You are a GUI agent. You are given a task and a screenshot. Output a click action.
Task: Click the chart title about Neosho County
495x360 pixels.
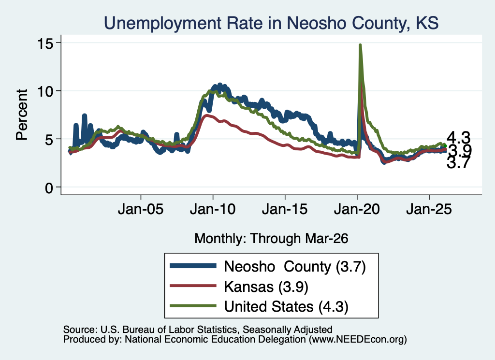pyautogui.click(x=271, y=23)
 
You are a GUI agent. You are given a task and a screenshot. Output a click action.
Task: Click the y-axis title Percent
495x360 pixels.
pyautogui.click(x=22, y=115)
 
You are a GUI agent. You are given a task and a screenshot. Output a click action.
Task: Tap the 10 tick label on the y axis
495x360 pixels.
pyautogui.click(x=45, y=91)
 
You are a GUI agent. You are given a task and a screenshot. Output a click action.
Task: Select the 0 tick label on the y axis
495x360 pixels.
pyautogui.click(x=49, y=188)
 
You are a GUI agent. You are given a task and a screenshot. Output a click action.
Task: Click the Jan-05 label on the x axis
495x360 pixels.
pyautogui.click(x=141, y=209)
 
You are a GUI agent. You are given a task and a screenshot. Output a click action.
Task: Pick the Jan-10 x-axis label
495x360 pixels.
pyautogui.click(x=213, y=209)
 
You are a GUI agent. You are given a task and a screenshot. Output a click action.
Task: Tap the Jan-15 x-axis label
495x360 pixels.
pyautogui.click(x=285, y=209)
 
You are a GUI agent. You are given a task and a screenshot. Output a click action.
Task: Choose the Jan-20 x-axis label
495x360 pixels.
pyautogui.click(x=357, y=209)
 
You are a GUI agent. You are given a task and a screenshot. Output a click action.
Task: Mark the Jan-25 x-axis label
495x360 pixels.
pyautogui.click(x=429, y=209)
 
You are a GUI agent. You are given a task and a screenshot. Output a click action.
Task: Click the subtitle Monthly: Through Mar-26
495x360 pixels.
pyautogui.click(x=271, y=239)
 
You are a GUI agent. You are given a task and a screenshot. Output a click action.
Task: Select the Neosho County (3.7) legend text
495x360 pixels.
pyautogui.click(x=295, y=267)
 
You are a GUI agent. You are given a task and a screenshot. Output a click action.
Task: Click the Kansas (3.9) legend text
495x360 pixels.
pyautogui.click(x=266, y=287)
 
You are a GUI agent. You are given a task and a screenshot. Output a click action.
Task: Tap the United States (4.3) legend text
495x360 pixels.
pyautogui.click(x=286, y=307)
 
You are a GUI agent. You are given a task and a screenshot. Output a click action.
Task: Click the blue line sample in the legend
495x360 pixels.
pyautogui.click(x=193, y=266)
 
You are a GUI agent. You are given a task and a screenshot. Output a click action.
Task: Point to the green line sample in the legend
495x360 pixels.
pyautogui.click(x=193, y=306)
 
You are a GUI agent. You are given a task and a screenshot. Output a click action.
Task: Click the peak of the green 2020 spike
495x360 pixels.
pyautogui.click(x=360, y=45)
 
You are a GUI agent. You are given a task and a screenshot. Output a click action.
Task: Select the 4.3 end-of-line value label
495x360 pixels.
pyautogui.click(x=458, y=138)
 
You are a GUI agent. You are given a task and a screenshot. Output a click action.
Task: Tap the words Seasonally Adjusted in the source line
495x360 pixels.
pyautogui.click(x=287, y=330)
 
